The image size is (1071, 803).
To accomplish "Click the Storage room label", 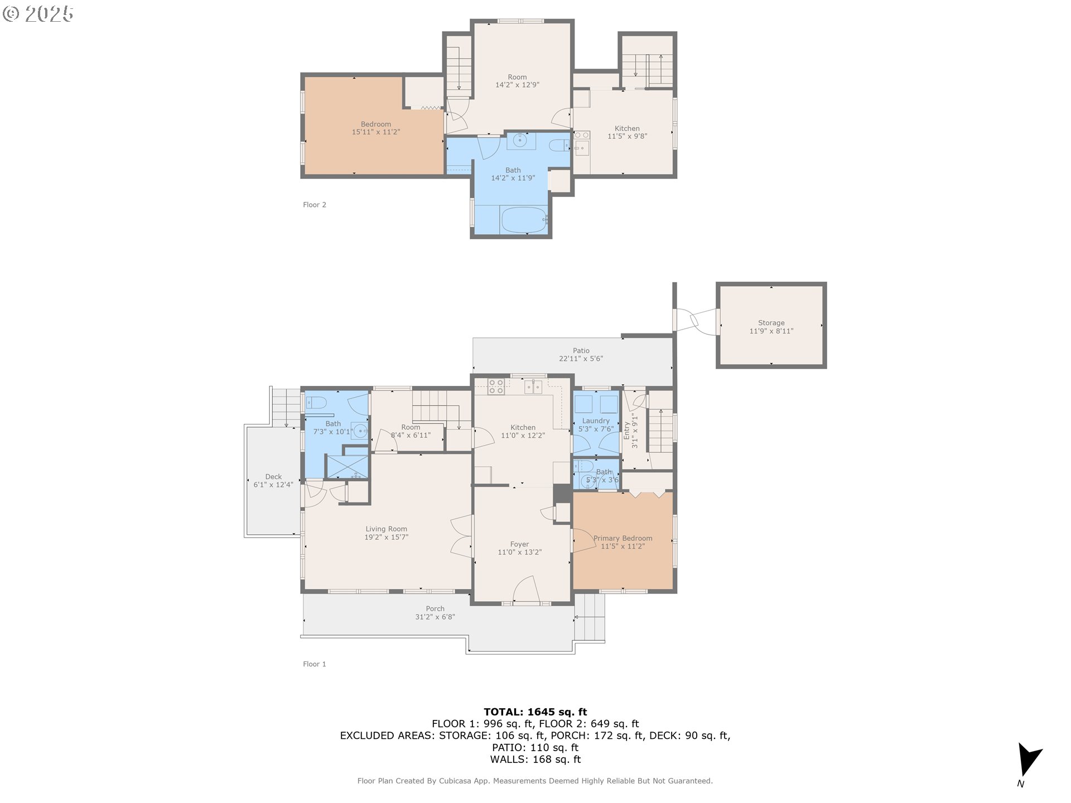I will point(771,323).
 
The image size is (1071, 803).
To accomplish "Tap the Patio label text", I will point(581,351).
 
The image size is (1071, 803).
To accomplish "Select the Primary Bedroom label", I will point(623,538).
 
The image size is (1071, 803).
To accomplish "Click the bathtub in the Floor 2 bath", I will point(524,220).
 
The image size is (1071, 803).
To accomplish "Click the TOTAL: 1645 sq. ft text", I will point(535,712).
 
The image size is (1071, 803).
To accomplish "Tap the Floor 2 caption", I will point(314,205).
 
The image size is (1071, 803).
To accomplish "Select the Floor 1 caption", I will point(314,664).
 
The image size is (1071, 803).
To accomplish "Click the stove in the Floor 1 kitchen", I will point(496,386).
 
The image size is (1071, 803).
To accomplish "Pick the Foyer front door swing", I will point(525,590).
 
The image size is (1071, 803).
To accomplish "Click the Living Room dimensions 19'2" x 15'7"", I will point(386,537).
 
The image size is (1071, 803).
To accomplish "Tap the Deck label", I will point(273,477).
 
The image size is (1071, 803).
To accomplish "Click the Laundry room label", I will point(596,421).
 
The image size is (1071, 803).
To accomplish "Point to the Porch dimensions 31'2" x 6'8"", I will point(435,617).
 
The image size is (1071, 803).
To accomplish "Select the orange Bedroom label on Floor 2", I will point(375,124).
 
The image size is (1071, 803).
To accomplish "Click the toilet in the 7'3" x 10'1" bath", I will point(316,402).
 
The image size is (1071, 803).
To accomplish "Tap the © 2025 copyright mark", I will point(38,13).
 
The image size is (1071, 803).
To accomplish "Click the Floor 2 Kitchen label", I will point(627,128).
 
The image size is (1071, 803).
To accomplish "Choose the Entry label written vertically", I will point(626,430).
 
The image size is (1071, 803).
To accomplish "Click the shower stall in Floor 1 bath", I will point(347,467).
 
